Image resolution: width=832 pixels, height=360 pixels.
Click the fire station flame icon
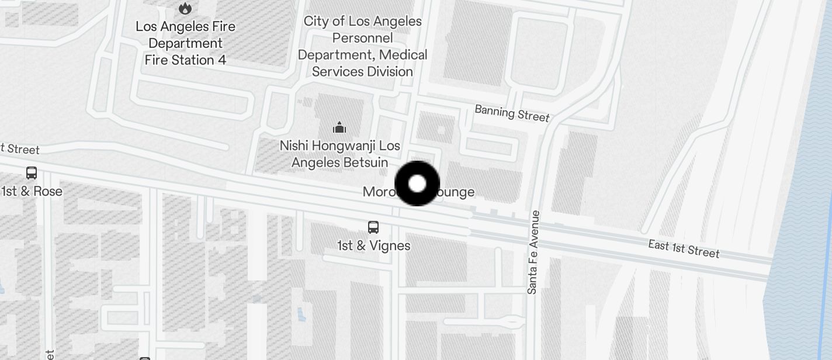click(x=185, y=8)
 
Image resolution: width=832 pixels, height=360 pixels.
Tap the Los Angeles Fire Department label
click(x=185, y=43)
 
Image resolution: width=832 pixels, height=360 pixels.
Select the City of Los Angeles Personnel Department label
click(x=362, y=46)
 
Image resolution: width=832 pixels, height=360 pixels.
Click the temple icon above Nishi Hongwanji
click(x=339, y=127)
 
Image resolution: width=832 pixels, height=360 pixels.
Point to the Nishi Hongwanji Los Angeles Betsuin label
click(x=339, y=154)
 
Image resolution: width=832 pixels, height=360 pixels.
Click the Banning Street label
click(x=512, y=113)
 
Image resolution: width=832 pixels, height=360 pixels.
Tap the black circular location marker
click(x=417, y=184)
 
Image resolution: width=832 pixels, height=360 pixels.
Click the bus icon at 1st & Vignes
click(x=373, y=227)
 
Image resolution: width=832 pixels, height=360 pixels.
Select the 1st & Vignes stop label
click(x=373, y=245)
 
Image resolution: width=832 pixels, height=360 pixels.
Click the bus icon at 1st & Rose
click(x=32, y=173)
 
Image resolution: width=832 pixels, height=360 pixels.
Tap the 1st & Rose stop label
click(x=32, y=191)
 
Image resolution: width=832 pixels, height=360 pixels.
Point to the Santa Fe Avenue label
click(x=532, y=252)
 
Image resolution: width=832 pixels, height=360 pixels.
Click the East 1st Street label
click(x=684, y=248)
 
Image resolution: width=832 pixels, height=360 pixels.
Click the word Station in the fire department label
click(x=189, y=60)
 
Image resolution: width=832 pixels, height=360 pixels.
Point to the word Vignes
click(x=390, y=245)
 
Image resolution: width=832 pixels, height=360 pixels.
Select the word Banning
click(x=494, y=110)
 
